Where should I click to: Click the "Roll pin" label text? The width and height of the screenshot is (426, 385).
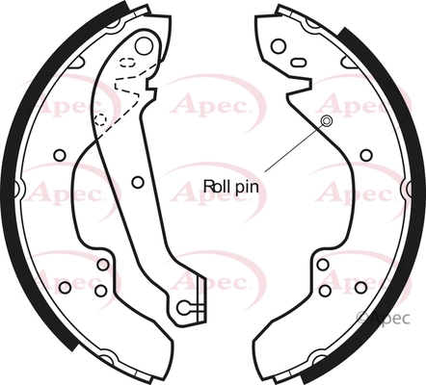[x=231, y=187]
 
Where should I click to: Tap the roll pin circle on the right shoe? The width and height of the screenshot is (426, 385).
[x=327, y=121]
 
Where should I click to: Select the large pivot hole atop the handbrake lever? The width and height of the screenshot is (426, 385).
[x=144, y=46]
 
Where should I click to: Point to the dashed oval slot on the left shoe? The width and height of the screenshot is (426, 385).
[x=127, y=62]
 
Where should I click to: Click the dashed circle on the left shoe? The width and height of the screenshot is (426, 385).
[x=100, y=119]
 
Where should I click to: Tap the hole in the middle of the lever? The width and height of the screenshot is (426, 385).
[x=138, y=183]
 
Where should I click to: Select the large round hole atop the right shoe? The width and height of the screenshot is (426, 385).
[x=279, y=46]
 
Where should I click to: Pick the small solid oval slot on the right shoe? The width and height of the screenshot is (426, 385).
[x=298, y=62]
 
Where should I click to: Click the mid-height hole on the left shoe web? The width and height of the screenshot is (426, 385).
[x=60, y=155]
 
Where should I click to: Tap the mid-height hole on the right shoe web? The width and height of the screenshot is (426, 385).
[x=366, y=155]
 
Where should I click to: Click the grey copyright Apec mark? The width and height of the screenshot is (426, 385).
[x=384, y=319]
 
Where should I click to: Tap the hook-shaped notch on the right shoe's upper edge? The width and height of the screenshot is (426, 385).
[x=301, y=86]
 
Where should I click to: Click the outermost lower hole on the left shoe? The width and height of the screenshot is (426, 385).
[x=66, y=287]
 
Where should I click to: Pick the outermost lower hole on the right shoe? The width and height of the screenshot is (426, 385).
[x=360, y=287]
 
